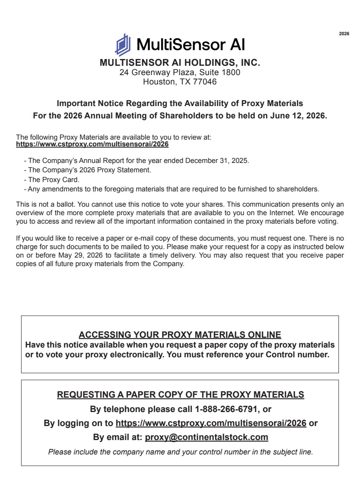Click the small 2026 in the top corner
(x=344, y=34)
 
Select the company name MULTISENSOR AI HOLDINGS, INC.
(x=179, y=63)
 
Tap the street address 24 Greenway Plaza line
(x=180, y=73)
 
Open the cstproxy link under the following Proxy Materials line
(x=92, y=144)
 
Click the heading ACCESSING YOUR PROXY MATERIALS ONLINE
(x=180, y=334)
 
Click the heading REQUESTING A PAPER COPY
(x=180, y=395)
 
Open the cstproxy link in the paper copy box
(x=211, y=423)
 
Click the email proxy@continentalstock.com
(x=207, y=437)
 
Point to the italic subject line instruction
(x=180, y=452)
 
